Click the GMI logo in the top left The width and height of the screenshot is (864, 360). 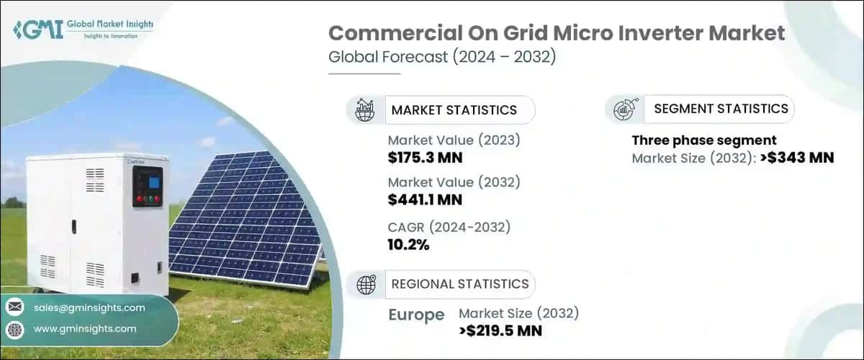coord(83,30)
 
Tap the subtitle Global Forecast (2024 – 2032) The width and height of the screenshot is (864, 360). coord(442,58)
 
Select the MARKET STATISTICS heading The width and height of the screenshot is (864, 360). coord(454,110)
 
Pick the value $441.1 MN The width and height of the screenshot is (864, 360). coord(425,199)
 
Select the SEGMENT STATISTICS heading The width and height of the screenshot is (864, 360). coord(721,109)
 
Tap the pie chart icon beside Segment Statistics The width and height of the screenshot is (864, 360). coord(623,109)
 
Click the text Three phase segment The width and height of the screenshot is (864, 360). coord(704,140)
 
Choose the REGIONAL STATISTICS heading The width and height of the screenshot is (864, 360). coord(459,284)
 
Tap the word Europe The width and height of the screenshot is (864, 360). coord(415,315)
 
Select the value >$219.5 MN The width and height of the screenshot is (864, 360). coord(500,330)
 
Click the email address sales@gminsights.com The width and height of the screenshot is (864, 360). coord(89,307)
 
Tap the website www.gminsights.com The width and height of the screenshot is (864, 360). coord(84,328)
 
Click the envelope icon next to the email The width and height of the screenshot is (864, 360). coord(14,307)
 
